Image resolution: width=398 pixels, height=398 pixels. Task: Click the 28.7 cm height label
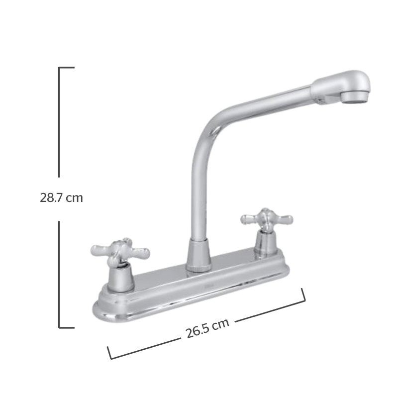tap(61, 198)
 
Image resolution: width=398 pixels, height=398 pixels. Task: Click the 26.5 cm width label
tap(207, 328)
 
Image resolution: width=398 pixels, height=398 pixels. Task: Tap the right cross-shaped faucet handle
tap(267, 219)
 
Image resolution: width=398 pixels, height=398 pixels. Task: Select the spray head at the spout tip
tap(341, 87)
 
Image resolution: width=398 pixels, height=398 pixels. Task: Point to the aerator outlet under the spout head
tap(354, 97)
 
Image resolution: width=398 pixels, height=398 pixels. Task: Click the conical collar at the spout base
tap(199, 256)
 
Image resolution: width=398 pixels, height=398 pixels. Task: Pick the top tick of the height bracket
tap(67, 68)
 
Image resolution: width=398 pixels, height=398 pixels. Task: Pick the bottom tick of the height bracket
tap(67, 328)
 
